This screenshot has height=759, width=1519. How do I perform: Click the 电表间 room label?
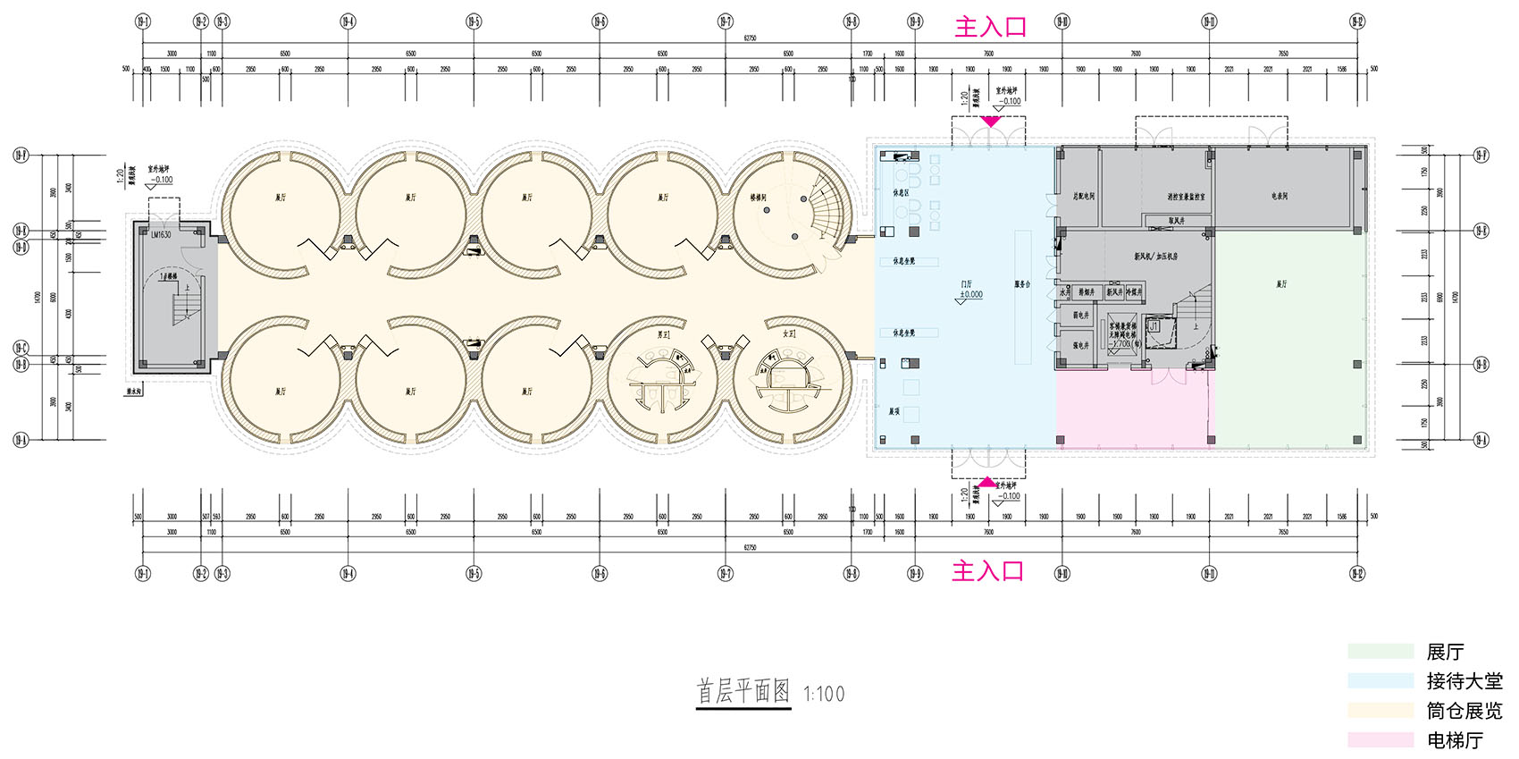[x=1280, y=196]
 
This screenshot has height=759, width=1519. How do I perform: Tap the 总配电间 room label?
[x=1084, y=196]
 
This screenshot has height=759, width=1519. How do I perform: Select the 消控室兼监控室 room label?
[x=1186, y=197]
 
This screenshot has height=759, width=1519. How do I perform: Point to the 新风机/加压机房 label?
[x=1156, y=257]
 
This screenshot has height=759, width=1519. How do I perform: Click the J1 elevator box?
[x=1154, y=327]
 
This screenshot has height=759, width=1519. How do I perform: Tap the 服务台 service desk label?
[x=1022, y=284]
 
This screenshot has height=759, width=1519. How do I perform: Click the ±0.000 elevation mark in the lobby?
[x=970, y=294]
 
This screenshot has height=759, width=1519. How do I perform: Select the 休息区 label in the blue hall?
[x=901, y=192]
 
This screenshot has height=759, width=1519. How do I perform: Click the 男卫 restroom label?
[x=663, y=333]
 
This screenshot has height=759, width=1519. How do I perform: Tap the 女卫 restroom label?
[x=789, y=333]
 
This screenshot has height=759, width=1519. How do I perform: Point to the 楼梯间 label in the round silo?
[x=758, y=198]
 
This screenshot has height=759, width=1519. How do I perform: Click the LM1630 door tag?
[x=161, y=234]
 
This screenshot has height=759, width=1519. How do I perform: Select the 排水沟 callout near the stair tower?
[x=135, y=391]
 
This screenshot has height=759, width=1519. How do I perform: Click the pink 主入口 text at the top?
[x=990, y=27]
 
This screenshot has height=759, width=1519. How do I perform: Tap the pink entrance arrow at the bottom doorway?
[x=986, y=482]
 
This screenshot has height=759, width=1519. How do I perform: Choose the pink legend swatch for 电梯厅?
[x=1381, y=739]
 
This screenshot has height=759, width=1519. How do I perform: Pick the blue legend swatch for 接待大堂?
[x=1381, y=680]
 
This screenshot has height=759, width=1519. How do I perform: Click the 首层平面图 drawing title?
[x=743, y=691]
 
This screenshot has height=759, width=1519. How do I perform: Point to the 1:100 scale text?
[x=823, y=694]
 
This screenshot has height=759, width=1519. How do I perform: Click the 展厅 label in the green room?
[x=1281, y=284]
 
